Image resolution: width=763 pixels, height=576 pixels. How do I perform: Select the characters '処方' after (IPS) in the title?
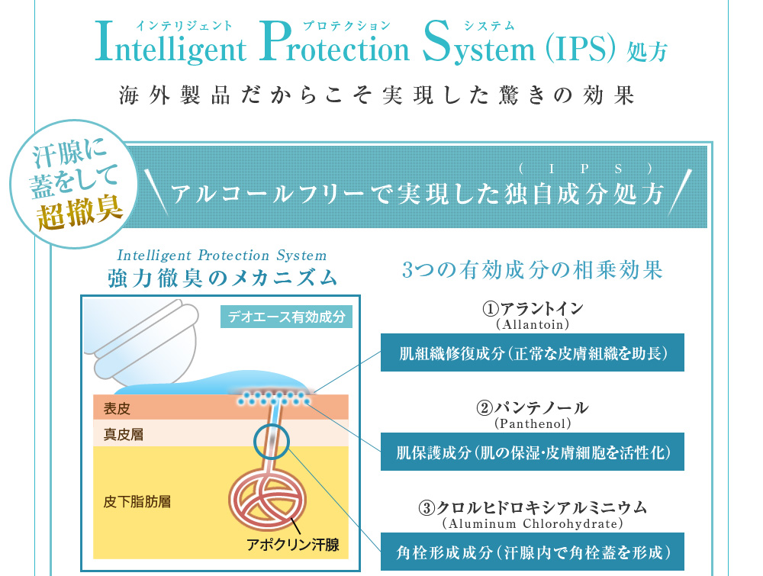click(x=647, y=52)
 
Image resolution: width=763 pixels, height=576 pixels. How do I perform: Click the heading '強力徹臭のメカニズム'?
click(x=222, y=278)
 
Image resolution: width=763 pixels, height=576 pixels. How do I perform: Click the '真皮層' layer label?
click(x=123, y=435)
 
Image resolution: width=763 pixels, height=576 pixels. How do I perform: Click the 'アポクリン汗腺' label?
click(x=292, y=544)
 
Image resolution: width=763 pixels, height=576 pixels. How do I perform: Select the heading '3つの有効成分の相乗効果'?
click(x=532, y=270)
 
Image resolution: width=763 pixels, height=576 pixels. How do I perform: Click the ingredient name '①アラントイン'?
click(x=533, y=308)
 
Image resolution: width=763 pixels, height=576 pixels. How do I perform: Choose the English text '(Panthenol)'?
click(x=533, y=423)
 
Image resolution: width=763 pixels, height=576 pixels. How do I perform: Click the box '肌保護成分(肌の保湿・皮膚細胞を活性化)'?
click(x=533, y=452)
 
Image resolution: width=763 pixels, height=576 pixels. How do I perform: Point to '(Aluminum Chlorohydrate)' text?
click(x=533, y=524)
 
